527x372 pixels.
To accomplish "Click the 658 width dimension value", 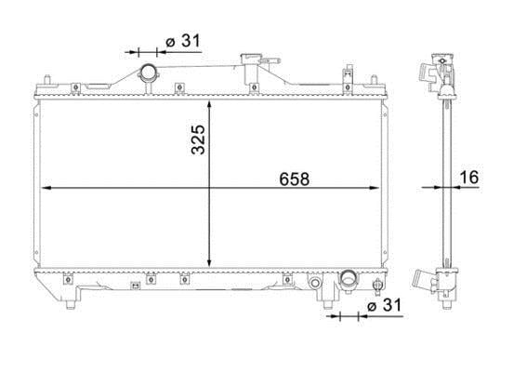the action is tap(294, 179).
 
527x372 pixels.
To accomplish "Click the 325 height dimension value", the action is tap(198, 139).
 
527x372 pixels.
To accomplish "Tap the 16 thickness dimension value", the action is tap(468, 178).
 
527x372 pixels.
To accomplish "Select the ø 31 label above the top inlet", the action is tap(183, 41).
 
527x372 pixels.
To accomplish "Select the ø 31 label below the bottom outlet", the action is tap(384, 305).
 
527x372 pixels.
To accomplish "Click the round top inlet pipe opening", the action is tap(148, 73).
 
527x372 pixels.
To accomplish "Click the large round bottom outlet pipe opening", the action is tap(349, 279).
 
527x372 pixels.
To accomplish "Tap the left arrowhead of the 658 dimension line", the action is tap(46, 188).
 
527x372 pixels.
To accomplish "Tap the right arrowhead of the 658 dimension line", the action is tap(375, 188).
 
